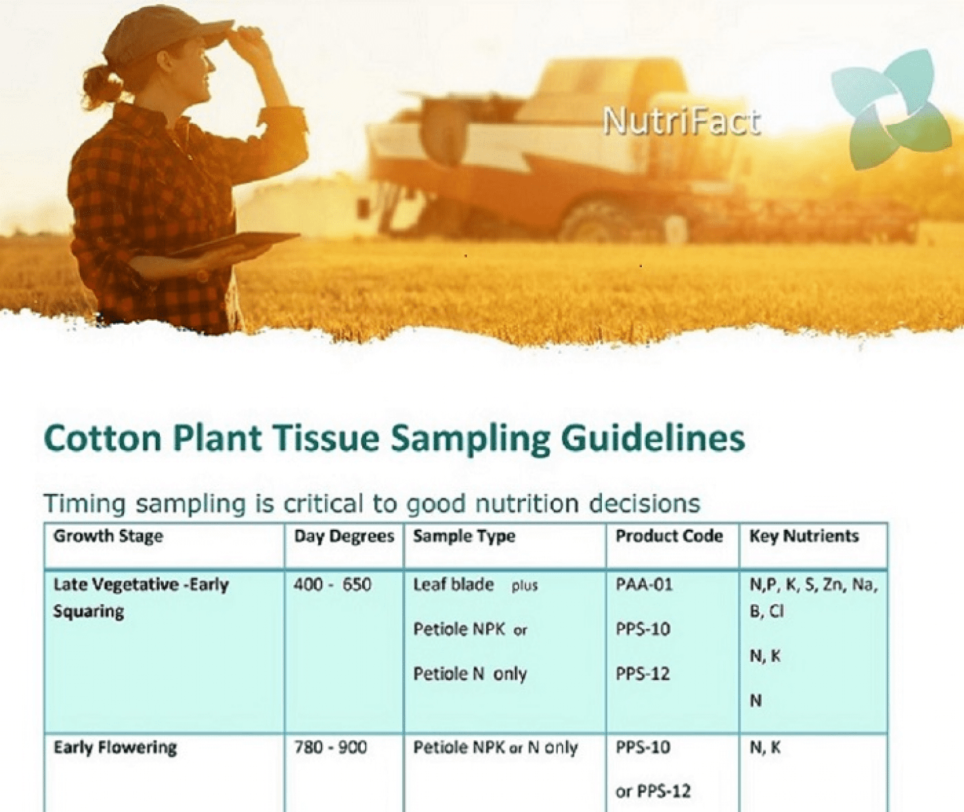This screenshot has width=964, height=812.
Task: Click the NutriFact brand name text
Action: pyautogui.click(x=682, y=122)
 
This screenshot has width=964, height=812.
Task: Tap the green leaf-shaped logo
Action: pyautogui.click(x=890, y=109)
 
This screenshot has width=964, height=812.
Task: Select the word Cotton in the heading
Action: pyautogui.click(x=102, y=438)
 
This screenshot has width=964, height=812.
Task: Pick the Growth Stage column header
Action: pyautogui.click(x=108, y=536)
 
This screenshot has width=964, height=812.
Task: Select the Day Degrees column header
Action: pyautogui.click(x=344, y=537)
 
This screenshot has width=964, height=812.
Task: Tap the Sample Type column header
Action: pyautogui.click(x=464, y=537)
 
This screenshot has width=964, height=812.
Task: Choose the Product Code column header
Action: pyautogui.click(x=669, y=536)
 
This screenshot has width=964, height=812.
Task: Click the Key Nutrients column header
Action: pyautogui.click(x=804, y=537)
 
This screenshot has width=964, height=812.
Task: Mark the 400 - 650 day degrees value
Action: pyautogui.click(x=332, y=585)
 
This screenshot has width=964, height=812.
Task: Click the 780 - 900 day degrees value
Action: pyautogui.click(x=330, y=747)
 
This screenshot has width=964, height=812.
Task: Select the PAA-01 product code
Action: pyautogui.click(x=644, y=585)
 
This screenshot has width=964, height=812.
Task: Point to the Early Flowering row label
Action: pyautogui.click(x=115, y=748)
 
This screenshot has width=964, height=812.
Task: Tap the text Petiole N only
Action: pyautogui.click(x=470, y=675)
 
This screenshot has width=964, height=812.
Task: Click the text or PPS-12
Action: pyautogui.click(x=653, y=792)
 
